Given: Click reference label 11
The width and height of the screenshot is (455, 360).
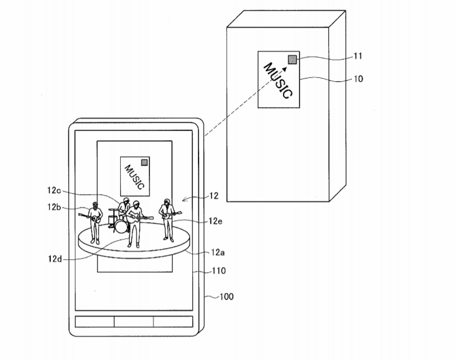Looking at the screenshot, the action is click(358, 56).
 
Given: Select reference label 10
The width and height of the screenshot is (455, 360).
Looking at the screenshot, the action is click(359, 78).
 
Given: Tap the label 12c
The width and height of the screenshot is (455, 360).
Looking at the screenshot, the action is click(54, 190).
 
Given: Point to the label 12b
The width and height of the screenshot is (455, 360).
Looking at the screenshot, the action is click(54, 207).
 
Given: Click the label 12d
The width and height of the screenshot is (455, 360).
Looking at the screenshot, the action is click(55, 259).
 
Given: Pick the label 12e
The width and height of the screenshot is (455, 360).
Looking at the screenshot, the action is click(215, 221).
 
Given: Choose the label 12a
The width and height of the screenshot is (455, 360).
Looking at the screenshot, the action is click(218, 252).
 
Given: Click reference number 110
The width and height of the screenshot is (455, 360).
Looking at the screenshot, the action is click(219, 271).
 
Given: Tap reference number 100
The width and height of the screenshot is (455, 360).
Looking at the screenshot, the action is click(227, 296).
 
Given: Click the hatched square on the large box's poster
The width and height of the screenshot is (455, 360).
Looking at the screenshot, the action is click(292, 59).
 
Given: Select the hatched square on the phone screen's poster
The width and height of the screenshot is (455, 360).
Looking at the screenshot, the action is click(144, 162).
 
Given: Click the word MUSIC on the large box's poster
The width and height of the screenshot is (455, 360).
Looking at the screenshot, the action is click(278, 81).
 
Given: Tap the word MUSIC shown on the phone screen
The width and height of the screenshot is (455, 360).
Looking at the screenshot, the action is click(134, 177).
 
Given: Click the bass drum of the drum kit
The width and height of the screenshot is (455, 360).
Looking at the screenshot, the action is click(121, 226).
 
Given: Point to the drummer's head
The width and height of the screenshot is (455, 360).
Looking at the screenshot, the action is click(126, 201).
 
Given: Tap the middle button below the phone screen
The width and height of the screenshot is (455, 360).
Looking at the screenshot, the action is click(134, 322).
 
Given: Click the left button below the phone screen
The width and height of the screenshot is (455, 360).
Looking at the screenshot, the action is click(95, 322).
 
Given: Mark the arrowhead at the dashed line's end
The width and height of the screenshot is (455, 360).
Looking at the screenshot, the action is click(285, 69).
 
